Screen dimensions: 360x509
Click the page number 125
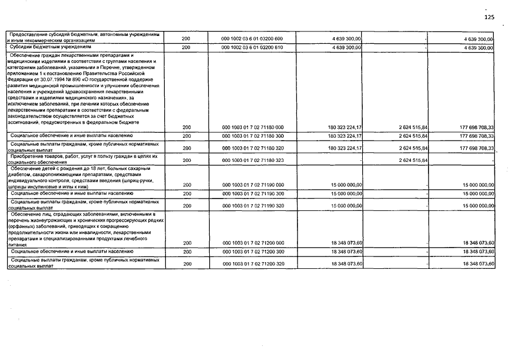489,17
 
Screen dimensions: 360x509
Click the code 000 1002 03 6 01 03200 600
253,39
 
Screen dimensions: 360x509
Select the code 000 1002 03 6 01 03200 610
253,48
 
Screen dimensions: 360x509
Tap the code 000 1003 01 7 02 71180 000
253,127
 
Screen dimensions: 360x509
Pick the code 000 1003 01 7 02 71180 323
253,160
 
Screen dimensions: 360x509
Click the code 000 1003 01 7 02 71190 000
253,184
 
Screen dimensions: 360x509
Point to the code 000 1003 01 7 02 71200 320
253,264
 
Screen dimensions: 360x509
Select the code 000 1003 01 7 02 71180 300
253,136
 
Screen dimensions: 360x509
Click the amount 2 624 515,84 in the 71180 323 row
408,160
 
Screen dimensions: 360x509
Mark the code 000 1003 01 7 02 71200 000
253,243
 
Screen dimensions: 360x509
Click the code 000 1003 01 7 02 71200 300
253,251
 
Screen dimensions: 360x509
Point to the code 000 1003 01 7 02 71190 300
253,193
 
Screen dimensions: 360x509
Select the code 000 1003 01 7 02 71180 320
253,148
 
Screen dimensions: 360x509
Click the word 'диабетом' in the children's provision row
19,174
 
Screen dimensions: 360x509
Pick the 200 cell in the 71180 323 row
187,160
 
